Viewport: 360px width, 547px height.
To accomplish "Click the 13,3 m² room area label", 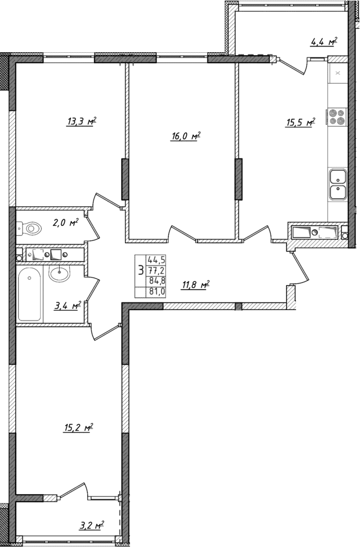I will [81, 122].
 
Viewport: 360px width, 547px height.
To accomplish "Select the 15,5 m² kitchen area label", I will [300, 123].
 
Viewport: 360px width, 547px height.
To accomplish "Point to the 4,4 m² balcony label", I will [324, 42].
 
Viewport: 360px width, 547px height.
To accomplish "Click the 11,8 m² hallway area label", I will [195, 285].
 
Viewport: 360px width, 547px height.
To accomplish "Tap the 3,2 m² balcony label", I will [91, 526].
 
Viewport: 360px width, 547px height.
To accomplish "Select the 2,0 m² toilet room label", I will [66, 222].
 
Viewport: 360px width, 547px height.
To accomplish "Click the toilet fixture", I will [28, 229].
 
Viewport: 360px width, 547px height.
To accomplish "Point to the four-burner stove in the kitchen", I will [337, 117].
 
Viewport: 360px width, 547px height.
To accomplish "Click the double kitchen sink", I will [337, 184].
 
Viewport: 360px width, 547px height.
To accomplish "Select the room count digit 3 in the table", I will [140, 271].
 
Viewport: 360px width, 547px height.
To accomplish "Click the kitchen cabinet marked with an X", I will [337, 74].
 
